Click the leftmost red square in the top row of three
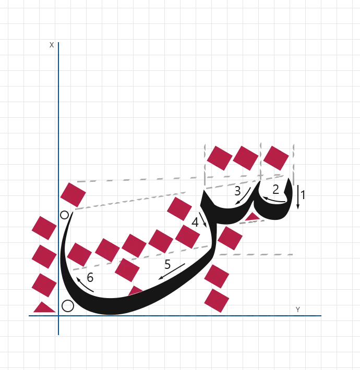pos(219,157)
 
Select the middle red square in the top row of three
pos(245,157)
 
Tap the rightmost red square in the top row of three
pos(275,157)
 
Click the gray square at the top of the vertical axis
pos(50,46)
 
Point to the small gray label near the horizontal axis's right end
pos(298,309)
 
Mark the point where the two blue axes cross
pos(59,315)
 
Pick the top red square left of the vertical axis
pos(43,228)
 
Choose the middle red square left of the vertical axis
pos(43,256)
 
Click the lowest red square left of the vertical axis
pos(43,284)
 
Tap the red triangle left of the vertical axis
pos(44,307)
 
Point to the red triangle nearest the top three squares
pos(253,216)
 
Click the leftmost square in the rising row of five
pos(79,254)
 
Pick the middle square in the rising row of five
pos(134,244)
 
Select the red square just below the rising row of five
pos(127,270)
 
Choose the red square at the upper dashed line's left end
pos(73,194)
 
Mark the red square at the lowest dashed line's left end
pos(230,238)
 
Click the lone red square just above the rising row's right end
pos(179,208)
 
